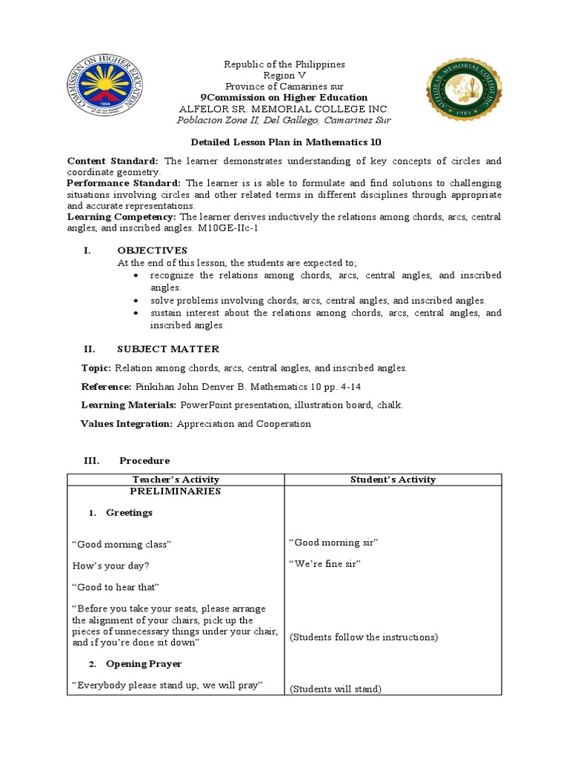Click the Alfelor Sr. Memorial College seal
(x=464, y=90)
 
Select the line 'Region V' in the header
(x=284, y=76)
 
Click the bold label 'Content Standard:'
(x=113, y=161)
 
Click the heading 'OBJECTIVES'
(x=152, y=251)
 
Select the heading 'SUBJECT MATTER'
(x=168, y=349)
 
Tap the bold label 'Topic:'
(x=96, y=368)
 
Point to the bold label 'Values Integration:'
(x=126, y=424)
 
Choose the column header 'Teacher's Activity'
(x=175, y=480)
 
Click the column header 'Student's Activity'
(x=393, y=480)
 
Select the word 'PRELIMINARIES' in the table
(x=175, y=491)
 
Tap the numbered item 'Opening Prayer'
(x=144, y=664)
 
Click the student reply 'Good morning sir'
(x=333, y=543)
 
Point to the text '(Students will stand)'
(x=335, y=689)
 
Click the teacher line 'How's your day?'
(x=110, y=566)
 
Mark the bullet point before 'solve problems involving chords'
(x=137, y=301)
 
